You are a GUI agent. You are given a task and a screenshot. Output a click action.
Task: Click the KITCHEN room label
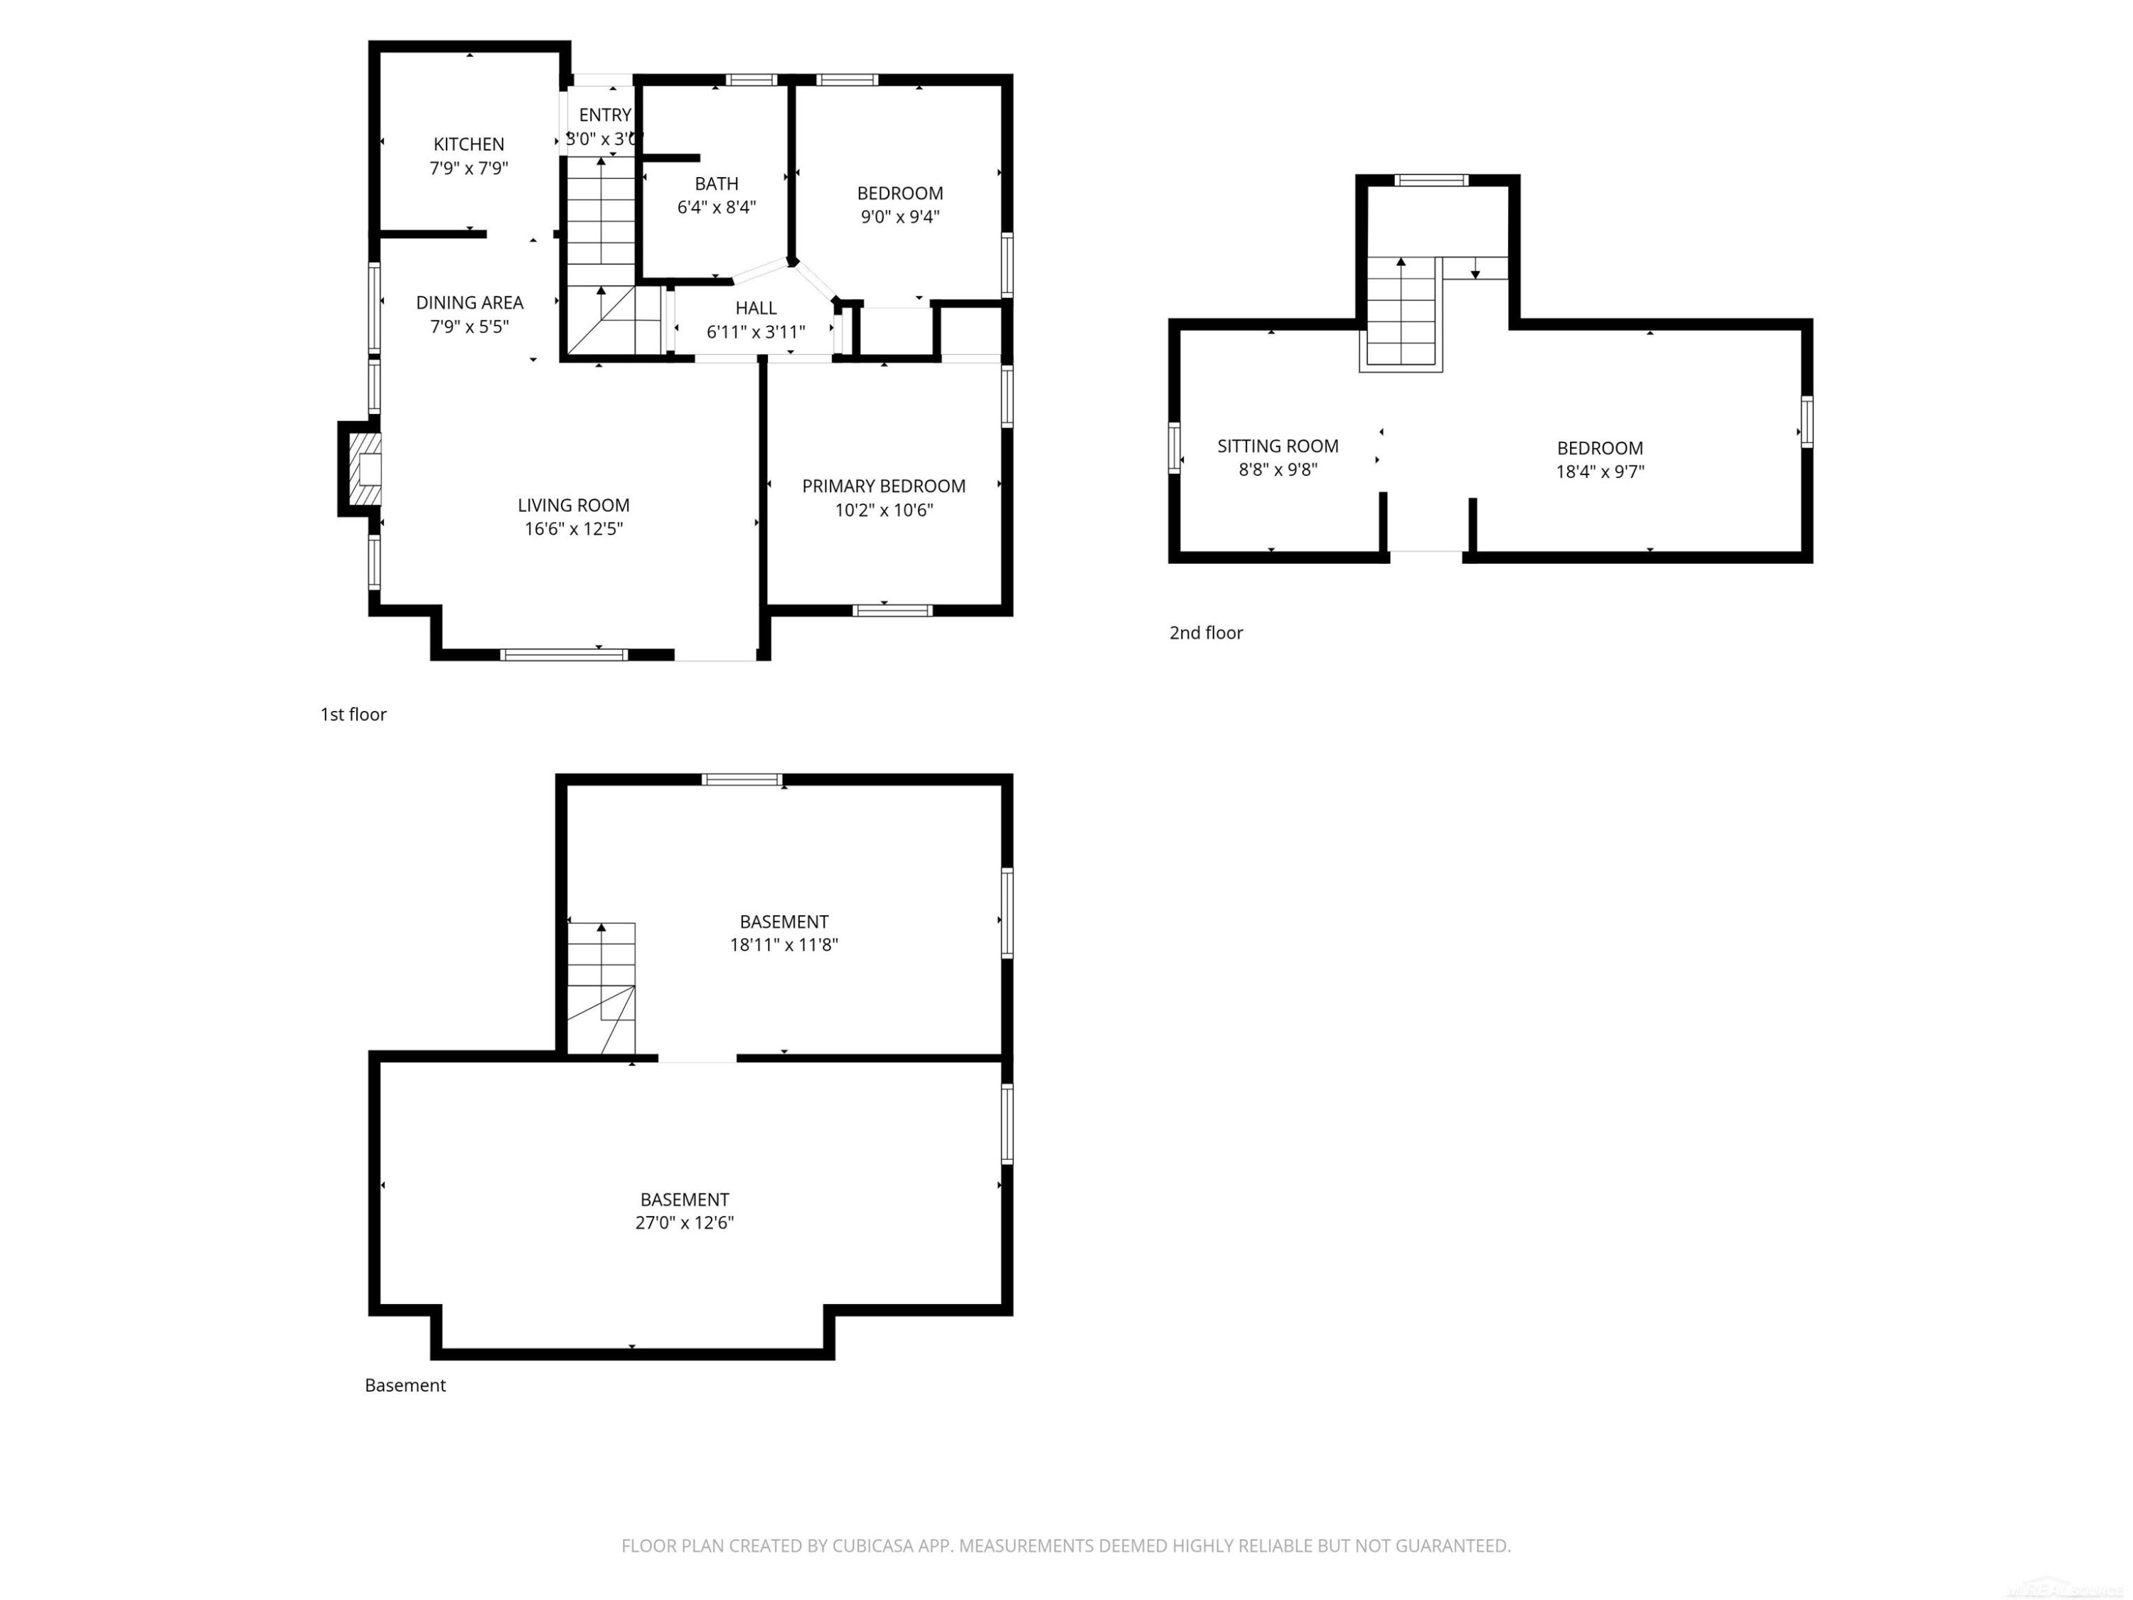click(469, 144)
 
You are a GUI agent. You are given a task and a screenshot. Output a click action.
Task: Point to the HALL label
click(756, 309)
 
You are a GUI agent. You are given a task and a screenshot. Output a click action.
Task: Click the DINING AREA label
click(469, 303)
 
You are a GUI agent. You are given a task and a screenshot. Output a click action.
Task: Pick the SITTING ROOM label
click(1278, 447)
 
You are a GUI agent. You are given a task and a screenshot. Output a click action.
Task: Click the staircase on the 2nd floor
click(1401, 314)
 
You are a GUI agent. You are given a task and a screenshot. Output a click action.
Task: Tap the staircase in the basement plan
click(601, 988)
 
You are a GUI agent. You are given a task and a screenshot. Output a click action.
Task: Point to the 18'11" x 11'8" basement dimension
click(784, 945)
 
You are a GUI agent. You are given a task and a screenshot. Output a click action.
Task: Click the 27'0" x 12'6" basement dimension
click(685, 1223)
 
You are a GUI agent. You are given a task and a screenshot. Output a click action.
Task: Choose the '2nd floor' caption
click(1207, 634)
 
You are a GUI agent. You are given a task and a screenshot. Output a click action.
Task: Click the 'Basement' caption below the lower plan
click(405, 1386)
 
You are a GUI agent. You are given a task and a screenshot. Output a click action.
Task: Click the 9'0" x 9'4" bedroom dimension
click(899, 217)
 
